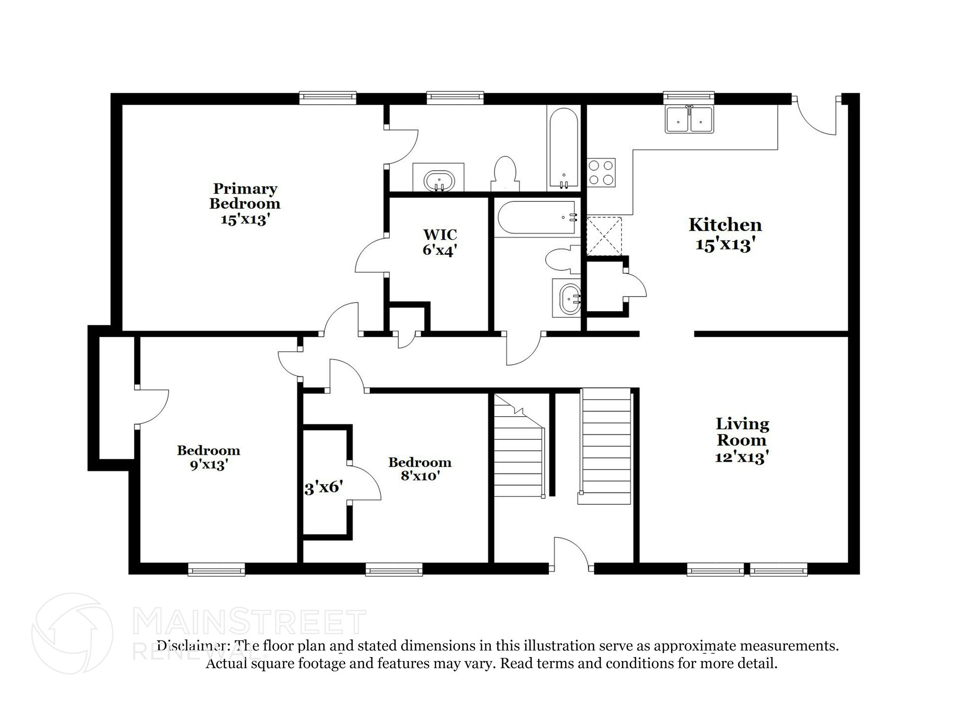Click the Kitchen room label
725,225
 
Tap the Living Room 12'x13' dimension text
741,457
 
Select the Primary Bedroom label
245,196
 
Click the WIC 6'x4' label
440,242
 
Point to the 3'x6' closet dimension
323,487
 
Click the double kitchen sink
689,120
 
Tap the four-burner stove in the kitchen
602,172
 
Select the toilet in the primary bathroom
504,172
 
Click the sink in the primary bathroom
439,180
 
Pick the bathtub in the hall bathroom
537,218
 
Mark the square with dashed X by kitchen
604,236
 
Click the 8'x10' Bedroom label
420,469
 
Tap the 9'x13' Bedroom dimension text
209,465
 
